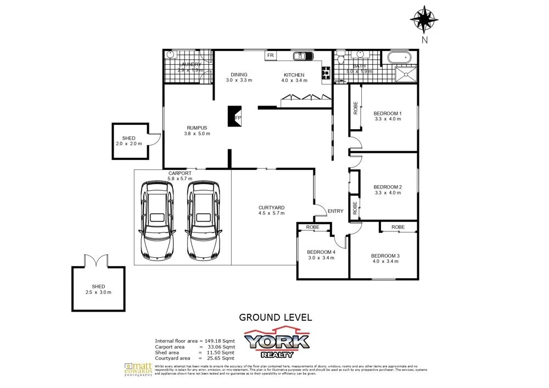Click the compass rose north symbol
click(x=424, y=20)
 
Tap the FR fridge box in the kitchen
click(x=270, y=56)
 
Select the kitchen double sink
click(x=302, y=56)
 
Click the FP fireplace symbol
click(x=234, y=116)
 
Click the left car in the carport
click(x=158, y=220)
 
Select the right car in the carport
click(x=203, y=220)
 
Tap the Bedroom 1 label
click(x=388, y=114)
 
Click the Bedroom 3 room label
click(x=385, y=256)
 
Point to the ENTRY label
click(x=335, y=211)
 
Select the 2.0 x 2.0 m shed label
click(x=129, y=141)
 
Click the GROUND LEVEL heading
click(x=275, y=317)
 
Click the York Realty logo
click(x=277, y=342)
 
